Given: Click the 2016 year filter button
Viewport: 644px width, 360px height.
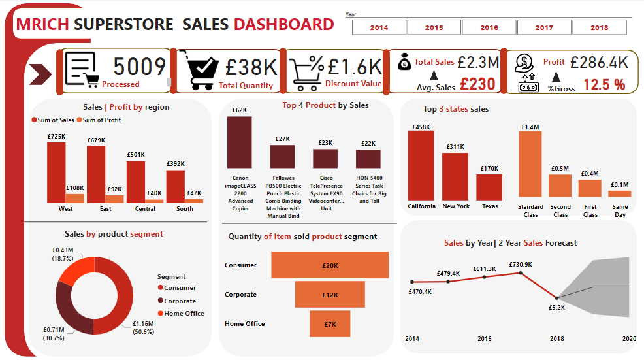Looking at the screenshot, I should coord(489,27).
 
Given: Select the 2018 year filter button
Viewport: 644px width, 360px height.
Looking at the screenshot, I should coord(599,27).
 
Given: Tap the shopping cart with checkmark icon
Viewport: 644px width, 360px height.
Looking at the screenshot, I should coord(202,71).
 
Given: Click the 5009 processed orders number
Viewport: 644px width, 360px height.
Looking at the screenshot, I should coord(140,67).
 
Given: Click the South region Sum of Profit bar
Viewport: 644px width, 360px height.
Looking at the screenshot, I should coord(194,201).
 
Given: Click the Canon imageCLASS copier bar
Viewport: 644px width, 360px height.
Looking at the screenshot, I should coord(240,142).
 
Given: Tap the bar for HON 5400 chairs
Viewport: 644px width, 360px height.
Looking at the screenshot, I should coord(368,159).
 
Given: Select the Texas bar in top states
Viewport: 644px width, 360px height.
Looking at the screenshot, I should coord(489,187).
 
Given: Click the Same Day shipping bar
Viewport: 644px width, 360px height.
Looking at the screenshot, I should coord(620,193).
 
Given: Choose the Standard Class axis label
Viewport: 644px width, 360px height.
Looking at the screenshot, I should coord(530,211).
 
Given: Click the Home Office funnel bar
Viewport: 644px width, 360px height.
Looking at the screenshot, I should coord(330,324).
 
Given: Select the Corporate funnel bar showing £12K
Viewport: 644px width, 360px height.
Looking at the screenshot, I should coord(330,295).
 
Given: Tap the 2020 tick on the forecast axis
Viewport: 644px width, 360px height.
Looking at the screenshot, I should coord(628,339).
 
